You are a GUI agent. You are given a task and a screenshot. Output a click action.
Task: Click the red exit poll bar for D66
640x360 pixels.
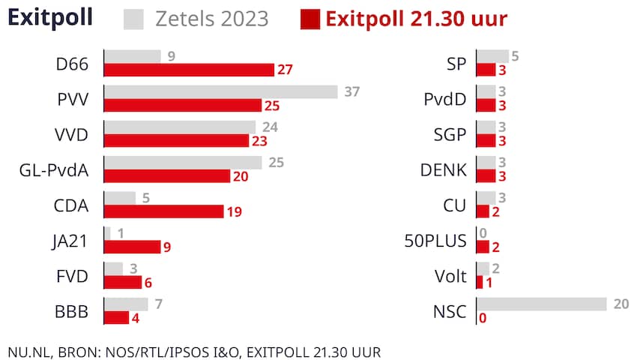tap(189, 70)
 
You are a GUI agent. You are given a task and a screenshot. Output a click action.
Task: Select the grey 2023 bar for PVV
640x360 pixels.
tap(220, 91)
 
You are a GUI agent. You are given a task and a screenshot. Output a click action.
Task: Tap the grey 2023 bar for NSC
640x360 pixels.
tap(542, 304)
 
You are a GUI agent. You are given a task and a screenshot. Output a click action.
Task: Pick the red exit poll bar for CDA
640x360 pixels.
tap(163, 211)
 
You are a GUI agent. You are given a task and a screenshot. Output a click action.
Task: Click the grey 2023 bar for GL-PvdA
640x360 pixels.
tap(183, 163)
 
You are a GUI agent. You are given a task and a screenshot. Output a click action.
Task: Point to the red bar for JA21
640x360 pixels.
tap(132, 247)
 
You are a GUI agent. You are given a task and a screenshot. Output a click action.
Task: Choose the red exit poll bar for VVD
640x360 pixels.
tap(176, 140)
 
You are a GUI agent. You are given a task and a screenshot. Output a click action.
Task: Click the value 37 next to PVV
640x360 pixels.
tap(352, 91)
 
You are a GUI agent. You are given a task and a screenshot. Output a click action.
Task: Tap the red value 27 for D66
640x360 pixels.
tap(285, 70)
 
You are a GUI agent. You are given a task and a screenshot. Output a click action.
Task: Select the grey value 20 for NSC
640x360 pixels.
tap(621, 304)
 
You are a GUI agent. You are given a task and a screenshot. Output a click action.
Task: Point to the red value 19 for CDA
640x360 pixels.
tap(234, 212)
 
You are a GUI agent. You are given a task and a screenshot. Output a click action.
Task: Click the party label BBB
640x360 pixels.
tap(73, 311)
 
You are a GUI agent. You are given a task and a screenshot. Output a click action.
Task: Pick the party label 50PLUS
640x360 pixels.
tap(435, 241)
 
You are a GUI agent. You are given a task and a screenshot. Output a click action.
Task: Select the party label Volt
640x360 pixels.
tap(450, 276)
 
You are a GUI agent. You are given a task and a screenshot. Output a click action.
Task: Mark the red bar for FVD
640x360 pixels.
tap(123, 282)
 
